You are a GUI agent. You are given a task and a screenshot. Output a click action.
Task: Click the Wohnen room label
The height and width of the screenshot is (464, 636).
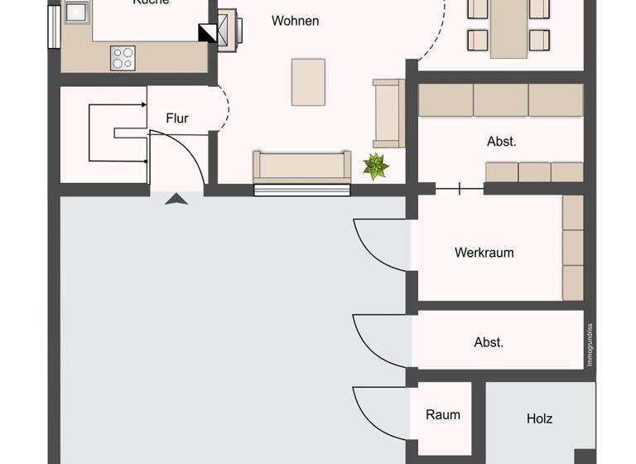point(295,21)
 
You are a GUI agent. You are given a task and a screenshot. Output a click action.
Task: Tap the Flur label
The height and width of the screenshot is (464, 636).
point(177,118)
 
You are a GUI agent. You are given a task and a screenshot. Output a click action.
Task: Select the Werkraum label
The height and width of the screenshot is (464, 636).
point(484,253)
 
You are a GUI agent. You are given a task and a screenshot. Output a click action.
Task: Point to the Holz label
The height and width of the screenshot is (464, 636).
point(539,418)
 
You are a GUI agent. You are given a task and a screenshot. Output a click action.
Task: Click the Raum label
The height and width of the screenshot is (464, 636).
point(443,414)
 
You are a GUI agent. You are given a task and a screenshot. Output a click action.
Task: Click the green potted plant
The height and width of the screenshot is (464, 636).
point(376,166)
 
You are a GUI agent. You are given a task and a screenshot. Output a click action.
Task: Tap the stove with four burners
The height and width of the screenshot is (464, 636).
point(123,58)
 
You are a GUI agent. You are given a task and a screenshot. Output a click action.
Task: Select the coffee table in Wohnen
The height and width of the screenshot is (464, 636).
point(308,82)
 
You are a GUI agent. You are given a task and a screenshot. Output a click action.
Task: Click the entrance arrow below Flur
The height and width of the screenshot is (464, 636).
point(176,198)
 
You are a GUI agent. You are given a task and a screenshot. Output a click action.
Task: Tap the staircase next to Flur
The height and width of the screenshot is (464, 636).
point(116,133)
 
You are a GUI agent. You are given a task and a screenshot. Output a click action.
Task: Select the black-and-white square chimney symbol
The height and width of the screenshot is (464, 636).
point(207,33)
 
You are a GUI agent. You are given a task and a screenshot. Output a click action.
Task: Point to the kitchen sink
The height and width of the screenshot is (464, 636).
point(75,12)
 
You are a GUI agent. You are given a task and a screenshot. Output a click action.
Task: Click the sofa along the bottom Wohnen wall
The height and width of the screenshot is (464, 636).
point(301,167)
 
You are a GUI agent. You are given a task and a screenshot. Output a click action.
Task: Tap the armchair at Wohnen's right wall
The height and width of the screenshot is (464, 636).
point(388,114)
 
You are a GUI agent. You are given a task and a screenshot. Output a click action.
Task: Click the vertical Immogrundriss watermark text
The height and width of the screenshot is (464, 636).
point(590,345)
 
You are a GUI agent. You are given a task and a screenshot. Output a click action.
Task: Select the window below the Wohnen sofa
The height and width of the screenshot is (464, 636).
point(301,190)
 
